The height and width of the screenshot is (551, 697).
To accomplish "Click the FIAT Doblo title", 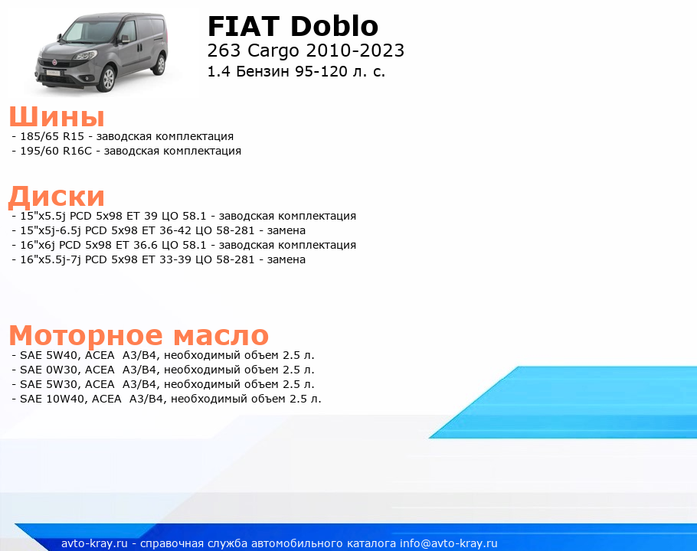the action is coord(293,26).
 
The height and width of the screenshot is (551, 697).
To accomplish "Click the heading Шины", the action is coord(57,117).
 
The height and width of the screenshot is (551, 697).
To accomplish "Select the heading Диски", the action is coord(57,196).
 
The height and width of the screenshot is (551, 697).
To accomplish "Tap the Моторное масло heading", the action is coord(139,335).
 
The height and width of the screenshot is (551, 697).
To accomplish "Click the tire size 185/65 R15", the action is coord(52,136).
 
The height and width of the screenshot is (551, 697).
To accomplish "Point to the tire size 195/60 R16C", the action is coord(56,151).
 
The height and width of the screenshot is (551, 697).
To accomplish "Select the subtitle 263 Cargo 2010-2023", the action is coord(306,51).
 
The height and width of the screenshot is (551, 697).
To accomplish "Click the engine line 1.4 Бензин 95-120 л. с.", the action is coord(296,71).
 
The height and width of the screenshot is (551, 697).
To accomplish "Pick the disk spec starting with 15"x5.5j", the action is coord(184,216).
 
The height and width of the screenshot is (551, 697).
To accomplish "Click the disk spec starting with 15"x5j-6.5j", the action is coord(159,230).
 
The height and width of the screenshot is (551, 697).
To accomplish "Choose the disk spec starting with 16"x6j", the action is coord(184,245).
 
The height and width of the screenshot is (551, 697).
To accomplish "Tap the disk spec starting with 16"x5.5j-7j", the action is coord(159,259).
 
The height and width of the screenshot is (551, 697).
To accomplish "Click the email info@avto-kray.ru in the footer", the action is coord(449,543).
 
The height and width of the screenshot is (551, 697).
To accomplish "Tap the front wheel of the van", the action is coord(106,79).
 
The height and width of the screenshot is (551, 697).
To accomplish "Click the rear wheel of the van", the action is coord(159,64).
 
